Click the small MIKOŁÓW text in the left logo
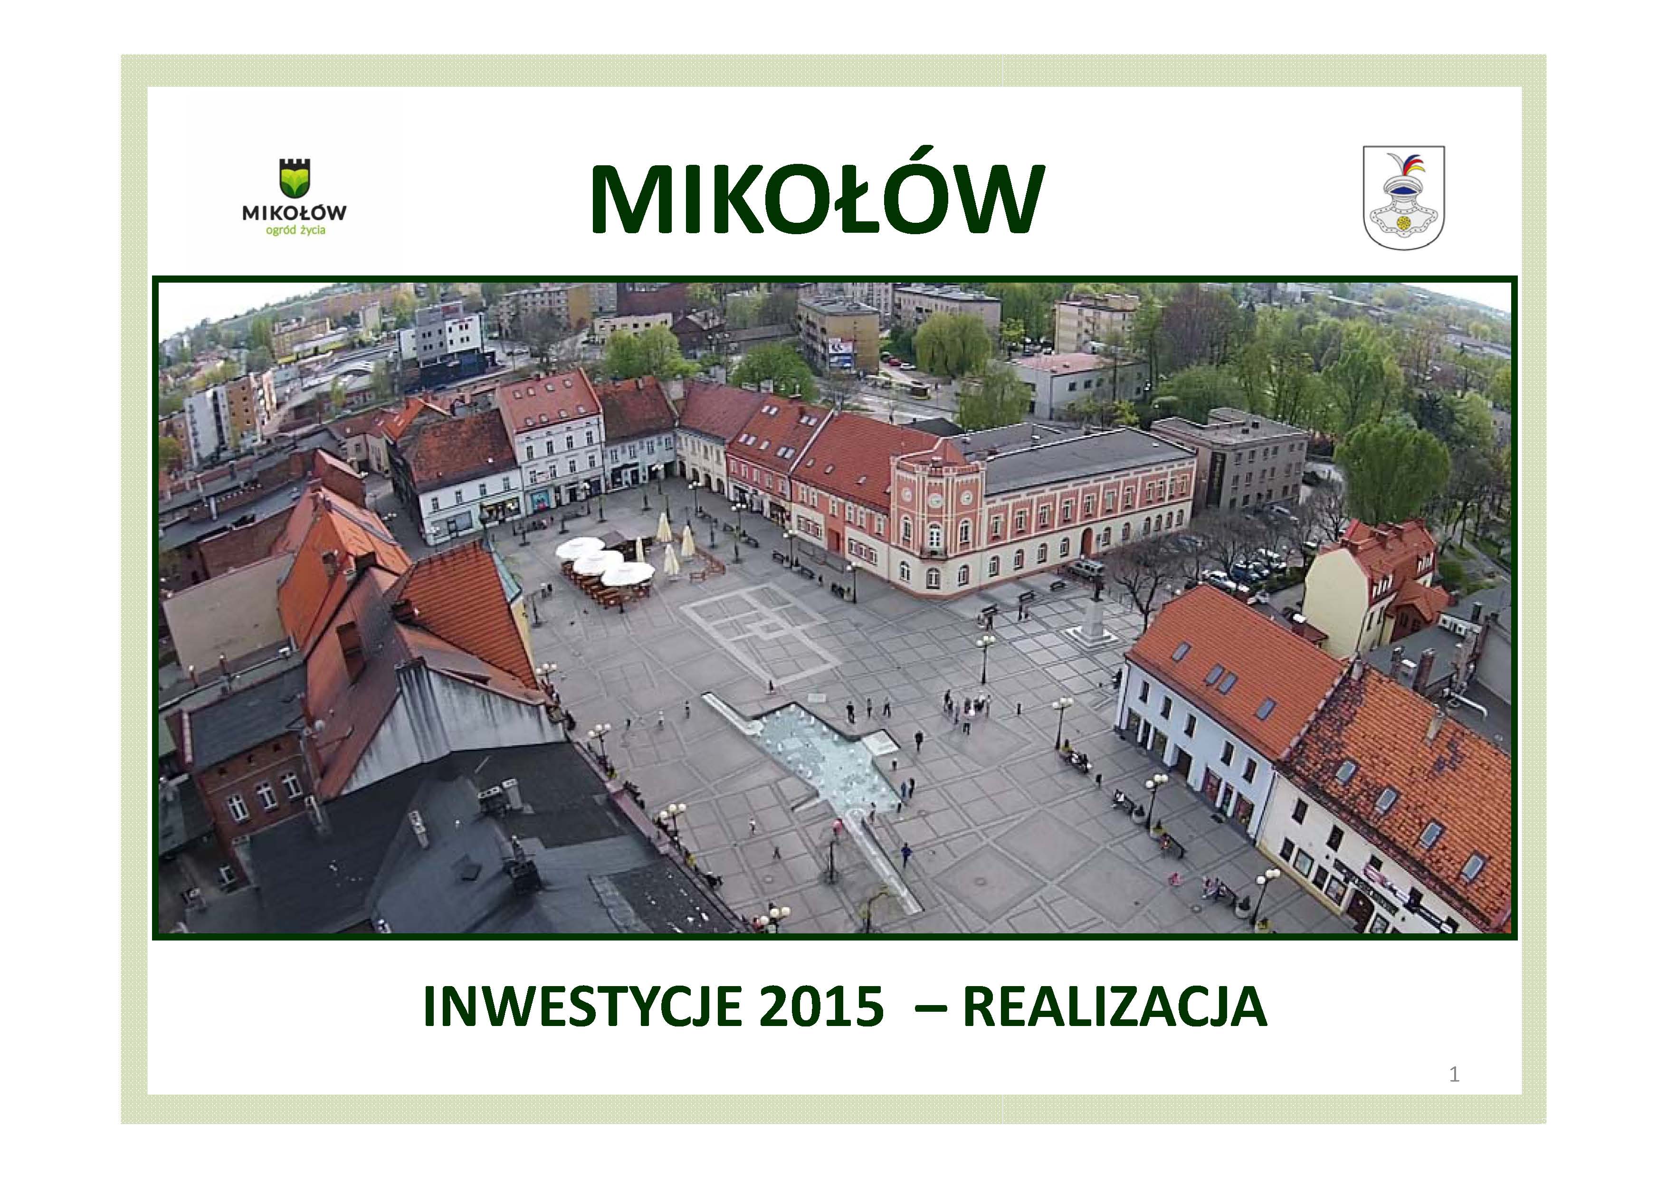click(x=294, y=213)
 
